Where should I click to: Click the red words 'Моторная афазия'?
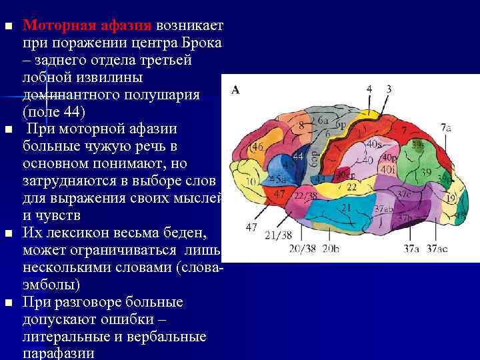tap(87, 26)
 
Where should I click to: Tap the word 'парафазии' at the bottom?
tap(58, 353)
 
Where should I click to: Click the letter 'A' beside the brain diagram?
tap(235, 91)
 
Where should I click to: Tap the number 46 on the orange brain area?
tap(257, 147)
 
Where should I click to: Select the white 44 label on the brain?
tap(298, 155)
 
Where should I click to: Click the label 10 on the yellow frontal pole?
tap(251, 181)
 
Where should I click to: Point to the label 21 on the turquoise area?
tap(346, 208)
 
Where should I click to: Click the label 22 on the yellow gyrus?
tap(351, 188)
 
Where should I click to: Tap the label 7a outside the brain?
tap(445, 127)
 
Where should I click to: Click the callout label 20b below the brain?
tap(331, 249)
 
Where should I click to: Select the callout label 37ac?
tap(437, 249)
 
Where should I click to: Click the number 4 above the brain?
tap(369, 89)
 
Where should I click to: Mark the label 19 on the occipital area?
tap(451, 198)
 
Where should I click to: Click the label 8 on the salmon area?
tap(302, 125)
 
